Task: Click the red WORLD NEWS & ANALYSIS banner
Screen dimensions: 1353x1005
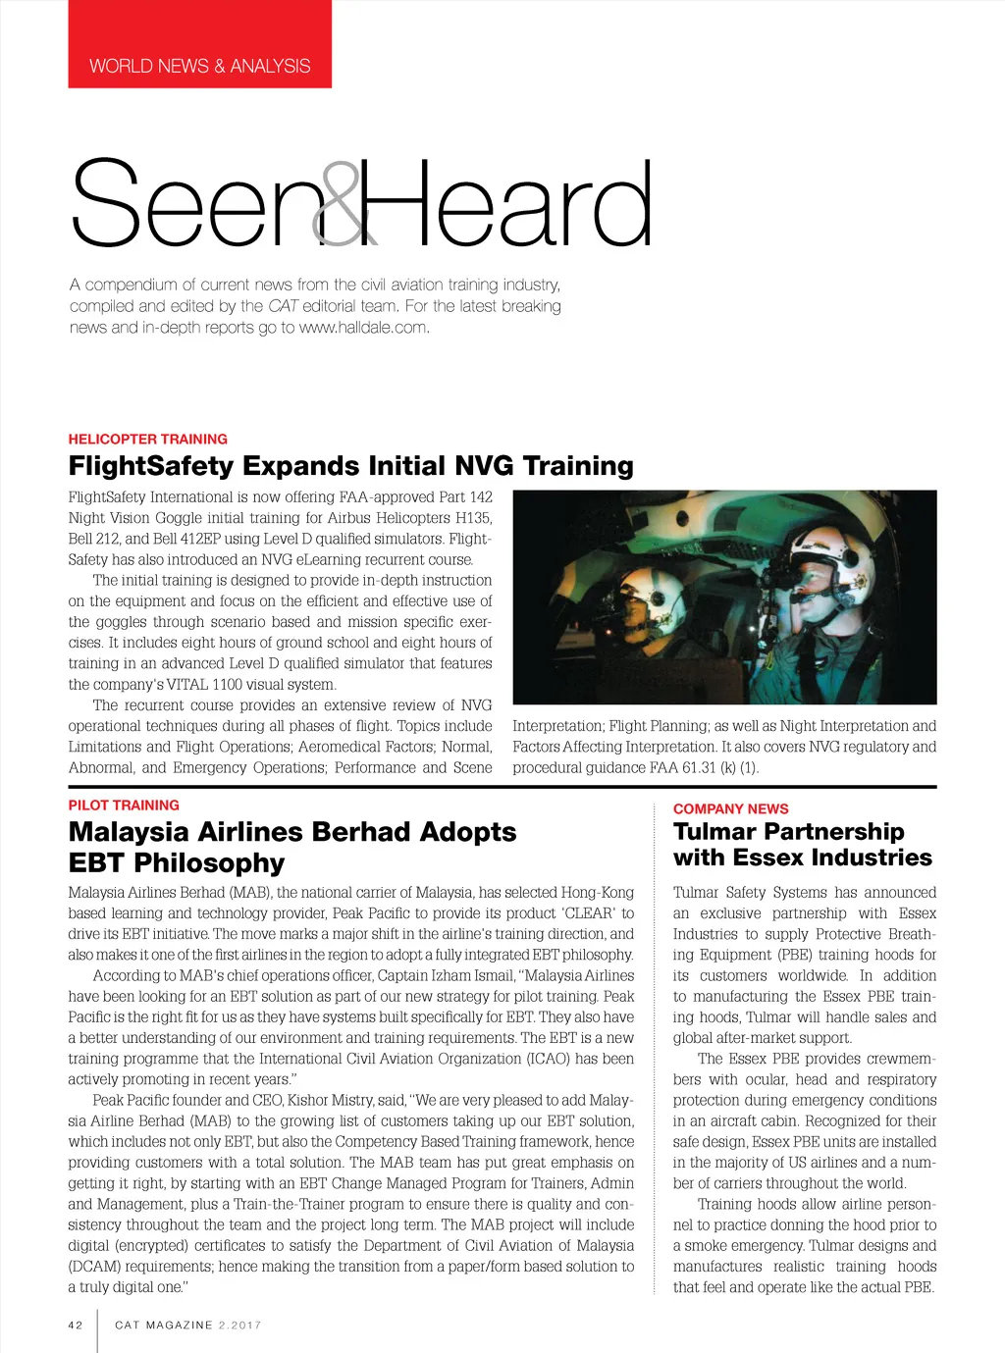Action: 199,66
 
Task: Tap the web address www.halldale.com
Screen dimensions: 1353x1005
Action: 363,328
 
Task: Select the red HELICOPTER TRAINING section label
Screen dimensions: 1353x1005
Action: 147,440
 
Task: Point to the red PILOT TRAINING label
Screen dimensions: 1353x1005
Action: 124,806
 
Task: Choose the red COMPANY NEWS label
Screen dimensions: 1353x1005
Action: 730,809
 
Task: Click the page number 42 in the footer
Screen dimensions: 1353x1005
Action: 76,1326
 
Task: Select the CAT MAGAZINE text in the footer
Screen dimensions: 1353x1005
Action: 163,1326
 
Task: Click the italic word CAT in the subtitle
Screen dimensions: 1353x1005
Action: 283,306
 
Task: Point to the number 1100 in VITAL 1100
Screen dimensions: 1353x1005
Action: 233,685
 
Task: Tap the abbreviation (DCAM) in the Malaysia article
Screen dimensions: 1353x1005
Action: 95,1267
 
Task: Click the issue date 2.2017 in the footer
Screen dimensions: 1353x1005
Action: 240,1326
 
